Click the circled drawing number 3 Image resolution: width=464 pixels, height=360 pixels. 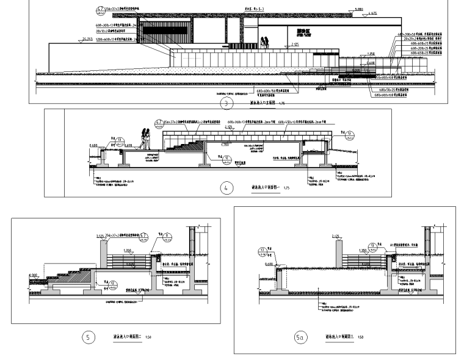click(x=227, y=104)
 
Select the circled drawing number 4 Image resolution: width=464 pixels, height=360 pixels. click(x=227, y=188)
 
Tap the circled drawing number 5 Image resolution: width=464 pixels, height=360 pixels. click(x=90, y=337)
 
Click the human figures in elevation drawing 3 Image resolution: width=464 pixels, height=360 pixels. click(x=265, y=43)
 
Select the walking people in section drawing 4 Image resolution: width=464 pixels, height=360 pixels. click(x=147, y=137)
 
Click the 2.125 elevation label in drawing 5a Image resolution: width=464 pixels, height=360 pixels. click(x=335, y=236)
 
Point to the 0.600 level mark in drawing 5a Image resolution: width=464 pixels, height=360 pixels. click(x=269, y=264)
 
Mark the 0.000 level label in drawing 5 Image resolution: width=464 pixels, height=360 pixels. click(x=34, y=275)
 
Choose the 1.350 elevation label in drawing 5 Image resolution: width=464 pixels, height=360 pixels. click(x=128, y=250)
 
